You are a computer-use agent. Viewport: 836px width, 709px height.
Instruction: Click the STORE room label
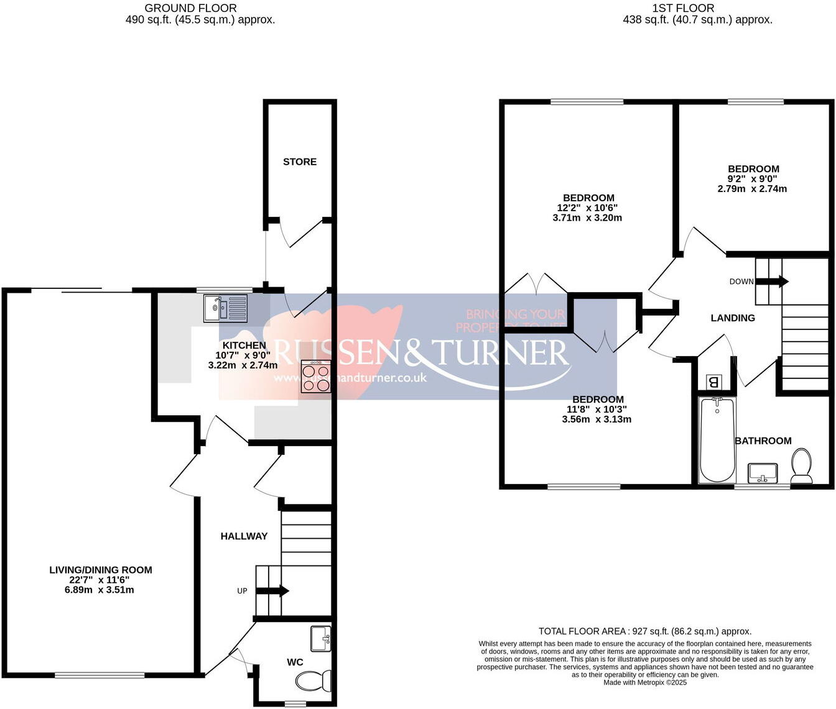pos(300,162)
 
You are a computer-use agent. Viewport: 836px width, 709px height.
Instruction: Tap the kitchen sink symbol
pos(225,308)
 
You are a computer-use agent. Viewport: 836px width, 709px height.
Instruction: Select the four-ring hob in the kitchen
pos(316,377)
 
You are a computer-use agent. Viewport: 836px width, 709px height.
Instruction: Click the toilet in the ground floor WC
pos(315,682)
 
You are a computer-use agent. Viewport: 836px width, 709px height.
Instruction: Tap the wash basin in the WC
pos(321,638)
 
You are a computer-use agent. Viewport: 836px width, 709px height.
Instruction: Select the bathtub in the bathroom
pos(717,440)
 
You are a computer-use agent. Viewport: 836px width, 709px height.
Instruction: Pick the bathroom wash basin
pos(763,473)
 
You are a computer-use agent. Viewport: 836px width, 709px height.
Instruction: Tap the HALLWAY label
pos(244,536)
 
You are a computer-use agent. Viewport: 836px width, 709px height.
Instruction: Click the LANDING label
pos(733,318)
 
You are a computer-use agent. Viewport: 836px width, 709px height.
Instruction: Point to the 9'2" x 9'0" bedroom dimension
pos(752,179)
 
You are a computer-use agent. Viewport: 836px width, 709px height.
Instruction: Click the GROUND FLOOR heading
pos(190,8)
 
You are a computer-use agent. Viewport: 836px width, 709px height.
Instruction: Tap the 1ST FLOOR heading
pos(683,8)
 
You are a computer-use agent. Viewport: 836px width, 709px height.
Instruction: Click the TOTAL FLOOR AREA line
pos(645,631)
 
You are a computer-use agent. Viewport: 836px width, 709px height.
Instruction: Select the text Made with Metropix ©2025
pos(645,682)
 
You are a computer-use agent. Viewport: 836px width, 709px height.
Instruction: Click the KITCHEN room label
pos(244,345)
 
